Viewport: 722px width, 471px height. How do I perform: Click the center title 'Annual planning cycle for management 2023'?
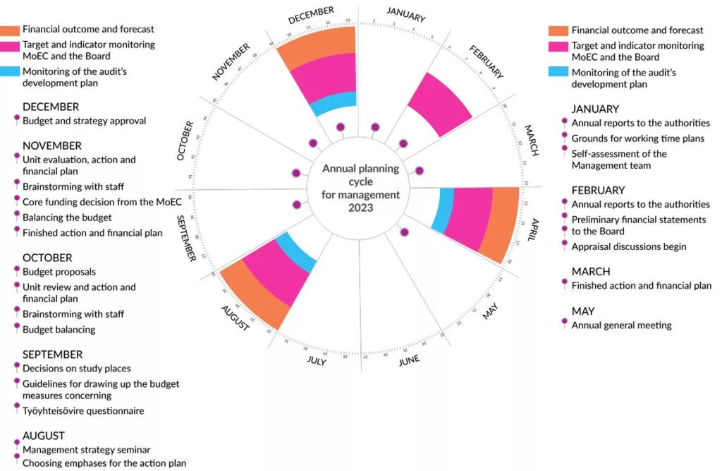click(x=361, y=189)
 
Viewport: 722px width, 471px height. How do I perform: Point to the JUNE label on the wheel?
click(x=409, y=361)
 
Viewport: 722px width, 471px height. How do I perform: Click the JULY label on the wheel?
click(x=317, y=361)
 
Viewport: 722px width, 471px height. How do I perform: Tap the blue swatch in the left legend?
click(x=10, y=71)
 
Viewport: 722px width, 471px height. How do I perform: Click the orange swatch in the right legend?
click(x=558, y=30)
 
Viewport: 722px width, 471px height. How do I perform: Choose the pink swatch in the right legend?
click(x=558, y=46)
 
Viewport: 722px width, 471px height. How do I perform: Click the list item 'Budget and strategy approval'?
click(x=84, y=121)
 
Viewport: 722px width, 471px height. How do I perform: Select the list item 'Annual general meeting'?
click(x=621, y=326)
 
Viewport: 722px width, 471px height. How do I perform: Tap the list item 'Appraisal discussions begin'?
click(x=628, y=246)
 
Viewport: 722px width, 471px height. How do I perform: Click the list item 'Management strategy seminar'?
click(x=86, y=450)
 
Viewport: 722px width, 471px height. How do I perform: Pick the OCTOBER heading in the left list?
click(x=47, y=258)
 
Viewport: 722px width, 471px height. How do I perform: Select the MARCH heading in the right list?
click(x=591, y=272)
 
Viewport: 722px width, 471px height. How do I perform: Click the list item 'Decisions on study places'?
click(x=76, y=369)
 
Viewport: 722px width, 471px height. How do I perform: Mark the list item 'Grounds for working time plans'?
click(x=637, y=138)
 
